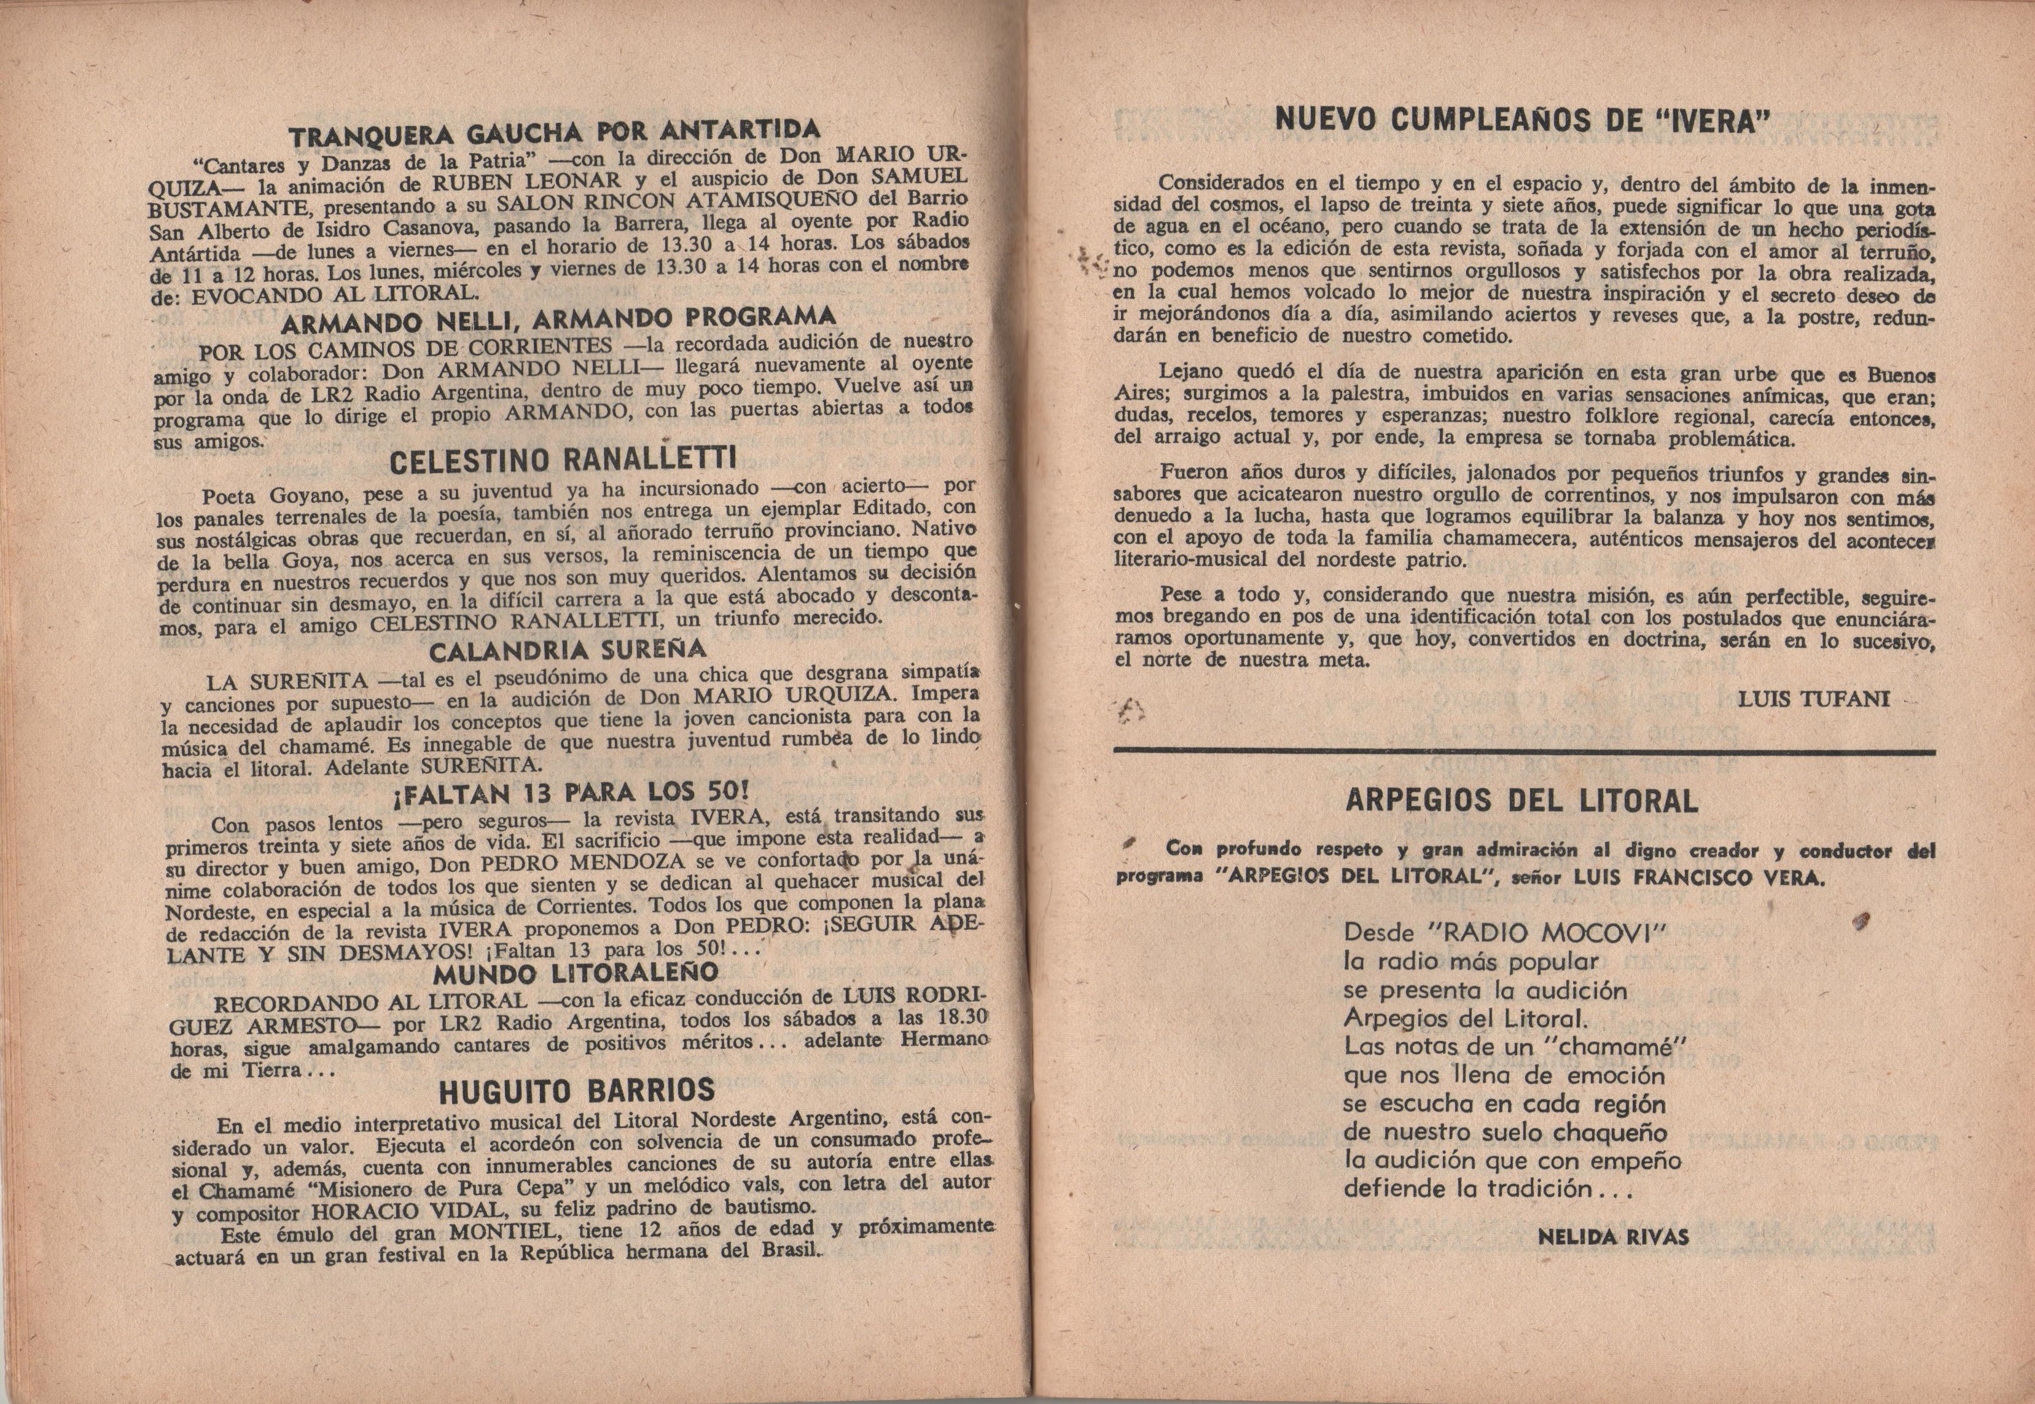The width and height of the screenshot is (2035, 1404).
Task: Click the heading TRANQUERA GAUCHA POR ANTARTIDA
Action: tap(555, 133)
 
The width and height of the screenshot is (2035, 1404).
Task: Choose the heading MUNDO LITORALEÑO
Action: tap(576, 973)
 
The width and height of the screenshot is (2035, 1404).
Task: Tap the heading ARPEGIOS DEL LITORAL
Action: tap(1521, 801)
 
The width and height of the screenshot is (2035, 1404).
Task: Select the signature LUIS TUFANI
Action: tap(1813, 699)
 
